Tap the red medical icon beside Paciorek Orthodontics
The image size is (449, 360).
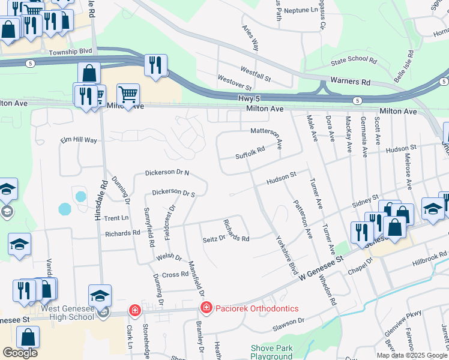click(x=206, y=308)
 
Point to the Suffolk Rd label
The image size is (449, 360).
click(x=250, y=154)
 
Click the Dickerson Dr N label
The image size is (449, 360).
click(x=167, y=173)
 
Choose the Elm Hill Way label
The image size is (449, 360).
click(x=79, y=140)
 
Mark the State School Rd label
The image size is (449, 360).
click(x=354, y=61)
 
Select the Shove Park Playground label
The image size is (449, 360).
click(x=271, y=352)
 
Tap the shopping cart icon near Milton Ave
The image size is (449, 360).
click(x=128, y=94)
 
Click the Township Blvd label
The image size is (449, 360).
click(x=71, y=52)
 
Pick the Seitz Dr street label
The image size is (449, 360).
click(x=213, y=238)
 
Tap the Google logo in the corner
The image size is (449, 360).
click(x=20, y=353)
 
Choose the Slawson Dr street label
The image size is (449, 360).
click(x=289, y=322)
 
